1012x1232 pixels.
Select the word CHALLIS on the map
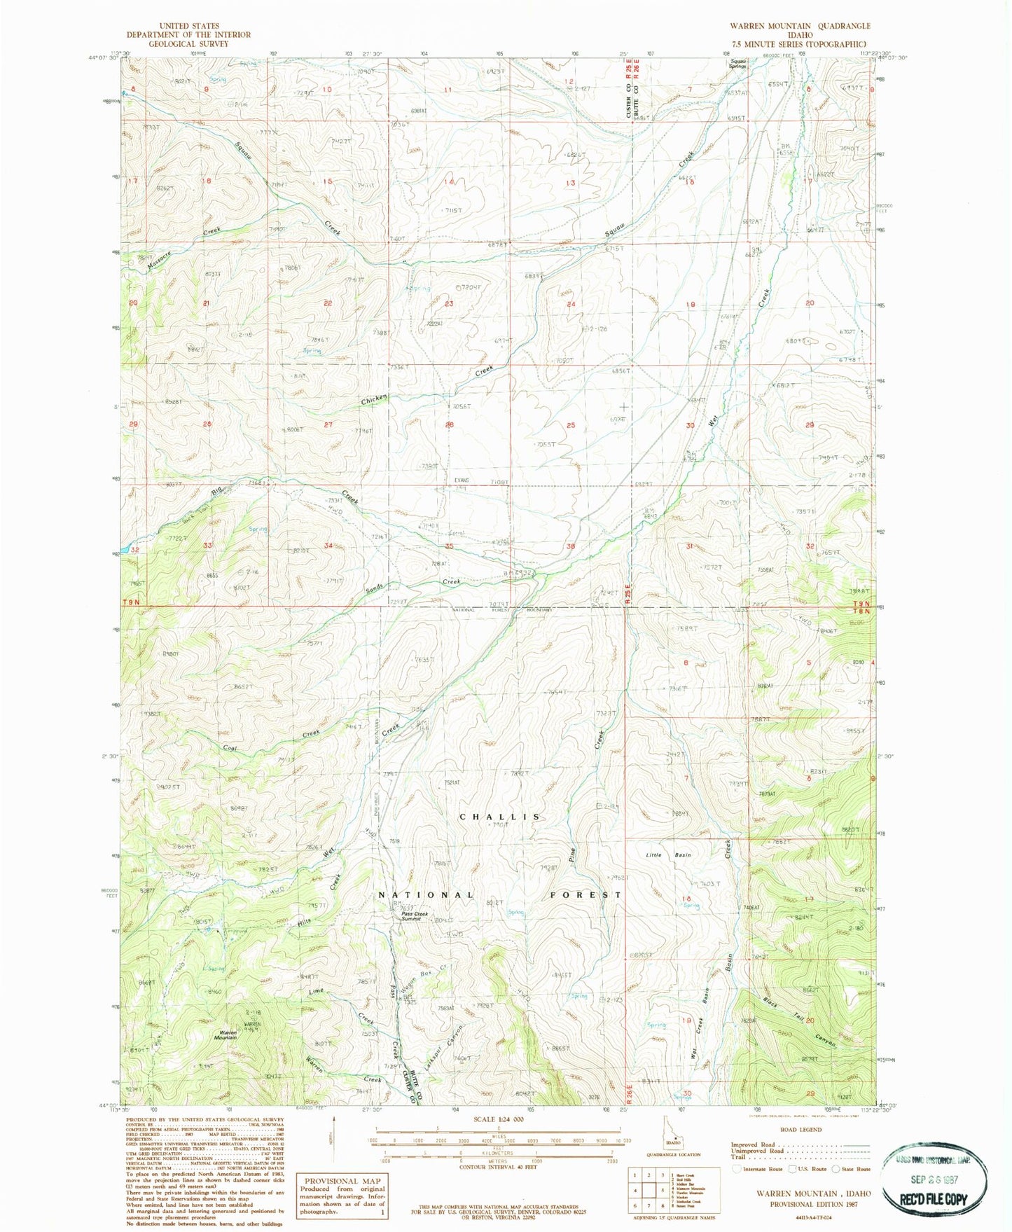point(500,817)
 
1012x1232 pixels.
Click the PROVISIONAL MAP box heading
point(340,1181)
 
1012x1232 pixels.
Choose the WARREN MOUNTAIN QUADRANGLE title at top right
point(800,26)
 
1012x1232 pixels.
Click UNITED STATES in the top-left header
point(188,26)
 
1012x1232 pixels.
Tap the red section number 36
point(571,546)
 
